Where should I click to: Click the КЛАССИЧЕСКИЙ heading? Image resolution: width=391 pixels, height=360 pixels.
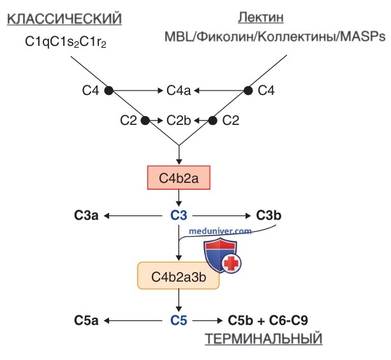point(64,19)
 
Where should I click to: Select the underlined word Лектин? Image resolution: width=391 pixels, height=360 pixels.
point(261,17)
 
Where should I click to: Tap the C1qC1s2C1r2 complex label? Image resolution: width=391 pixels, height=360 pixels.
point(66,42)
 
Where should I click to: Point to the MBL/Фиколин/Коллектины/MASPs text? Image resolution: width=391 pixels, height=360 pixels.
point(275,36)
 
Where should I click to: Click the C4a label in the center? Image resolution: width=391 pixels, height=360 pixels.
point(179,90)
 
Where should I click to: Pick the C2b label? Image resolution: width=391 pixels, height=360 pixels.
point(179,120)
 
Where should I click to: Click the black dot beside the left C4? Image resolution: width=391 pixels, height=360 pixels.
point(108,90)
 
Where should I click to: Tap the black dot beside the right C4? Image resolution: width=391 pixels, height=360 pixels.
point(248,90)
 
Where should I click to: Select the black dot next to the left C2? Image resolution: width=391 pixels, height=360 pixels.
point(145,120)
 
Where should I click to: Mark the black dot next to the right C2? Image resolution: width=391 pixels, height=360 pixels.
point(212,120)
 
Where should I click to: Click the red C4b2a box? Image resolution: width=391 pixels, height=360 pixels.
point(179,178)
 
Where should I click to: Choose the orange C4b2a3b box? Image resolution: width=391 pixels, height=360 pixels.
point(179,276)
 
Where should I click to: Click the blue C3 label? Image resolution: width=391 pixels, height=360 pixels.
point(179,215)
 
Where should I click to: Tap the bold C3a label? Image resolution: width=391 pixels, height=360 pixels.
point(86,215)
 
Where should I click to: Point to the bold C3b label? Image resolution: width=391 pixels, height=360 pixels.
point(269,215)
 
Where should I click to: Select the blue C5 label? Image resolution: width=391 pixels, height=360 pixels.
point(179,320)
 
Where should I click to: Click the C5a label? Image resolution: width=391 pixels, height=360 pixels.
point(86,320)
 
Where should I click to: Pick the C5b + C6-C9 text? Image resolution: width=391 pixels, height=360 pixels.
point(268,320)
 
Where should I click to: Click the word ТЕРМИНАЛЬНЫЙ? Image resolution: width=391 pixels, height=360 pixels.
point(263,339)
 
